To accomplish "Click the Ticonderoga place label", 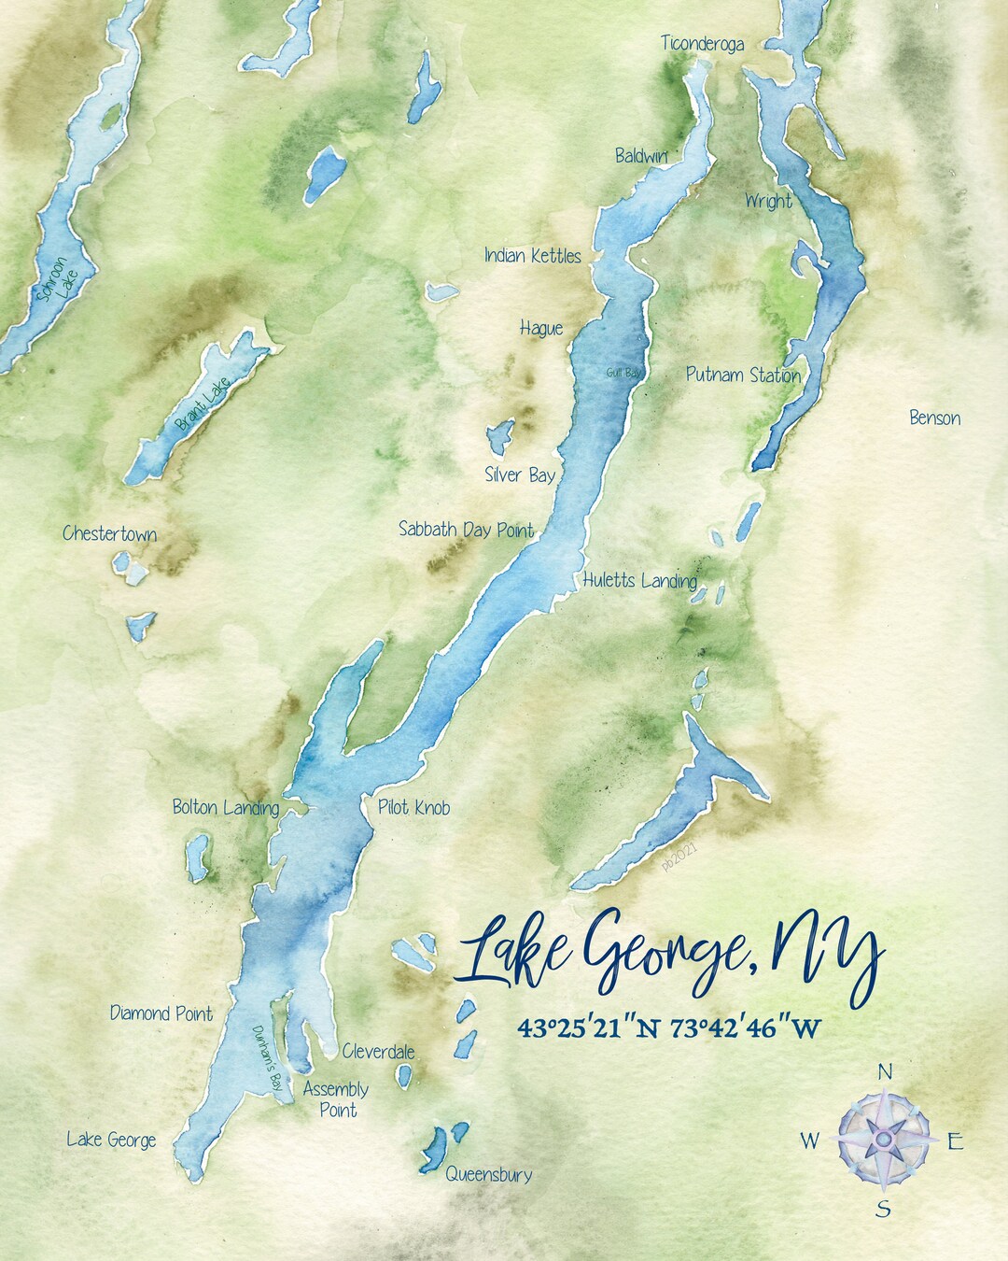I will tap(702, 43).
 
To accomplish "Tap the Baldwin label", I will tap(641, 156).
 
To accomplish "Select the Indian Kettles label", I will tap(532, 256).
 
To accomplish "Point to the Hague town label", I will tap(541, 328).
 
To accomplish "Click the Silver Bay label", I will tap(520, 475).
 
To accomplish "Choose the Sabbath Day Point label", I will tap(466, 530).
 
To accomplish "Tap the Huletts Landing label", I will tap(639, 580).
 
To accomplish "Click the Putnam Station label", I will tap(743, 375).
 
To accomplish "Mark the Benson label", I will tap(934, 418).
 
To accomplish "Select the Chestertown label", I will tap(109, 534).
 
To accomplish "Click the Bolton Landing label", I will tap(225, 807).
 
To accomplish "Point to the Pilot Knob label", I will tap(413, 807).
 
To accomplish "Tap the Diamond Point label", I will tap(161, 1013).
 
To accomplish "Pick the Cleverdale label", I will tap(378, 1051).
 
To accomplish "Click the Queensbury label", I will tap(488, 1174).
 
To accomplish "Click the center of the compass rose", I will tap(883, 1140).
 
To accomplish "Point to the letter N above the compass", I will tap(886, 1071).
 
